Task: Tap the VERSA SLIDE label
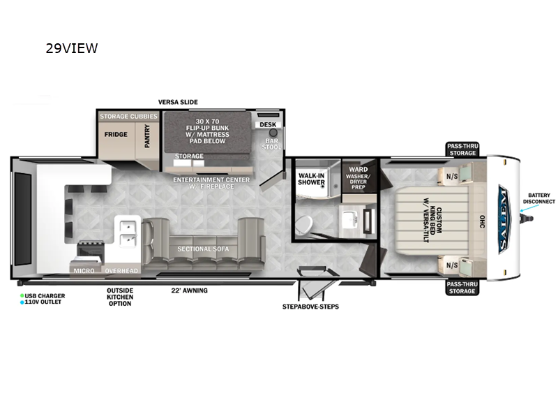[x=178, y=102]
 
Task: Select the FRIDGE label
[x=116, y=134]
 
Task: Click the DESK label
[x=268, y=125]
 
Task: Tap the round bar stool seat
[x=273, y=132]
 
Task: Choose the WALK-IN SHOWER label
[x=312, y=179]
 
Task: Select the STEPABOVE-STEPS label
[x=310, y=307]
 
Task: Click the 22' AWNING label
[x=190, y=291]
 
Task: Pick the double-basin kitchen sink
[x=128, y=234]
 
